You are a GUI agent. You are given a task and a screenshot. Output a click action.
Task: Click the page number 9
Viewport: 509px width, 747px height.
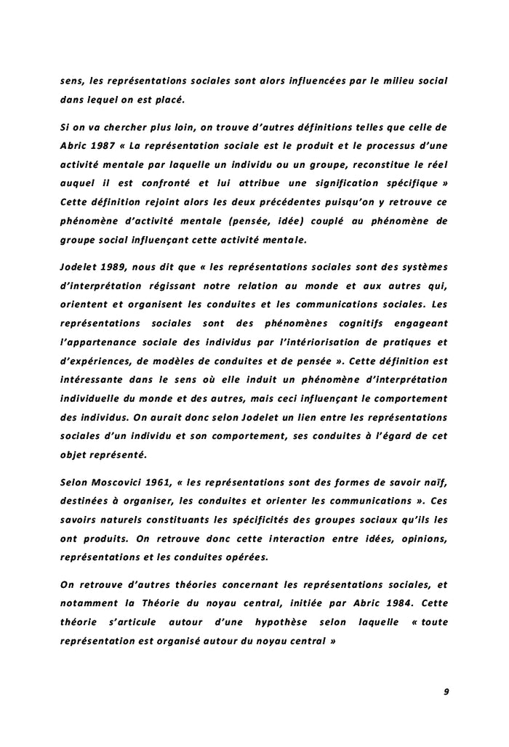(446, 692)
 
